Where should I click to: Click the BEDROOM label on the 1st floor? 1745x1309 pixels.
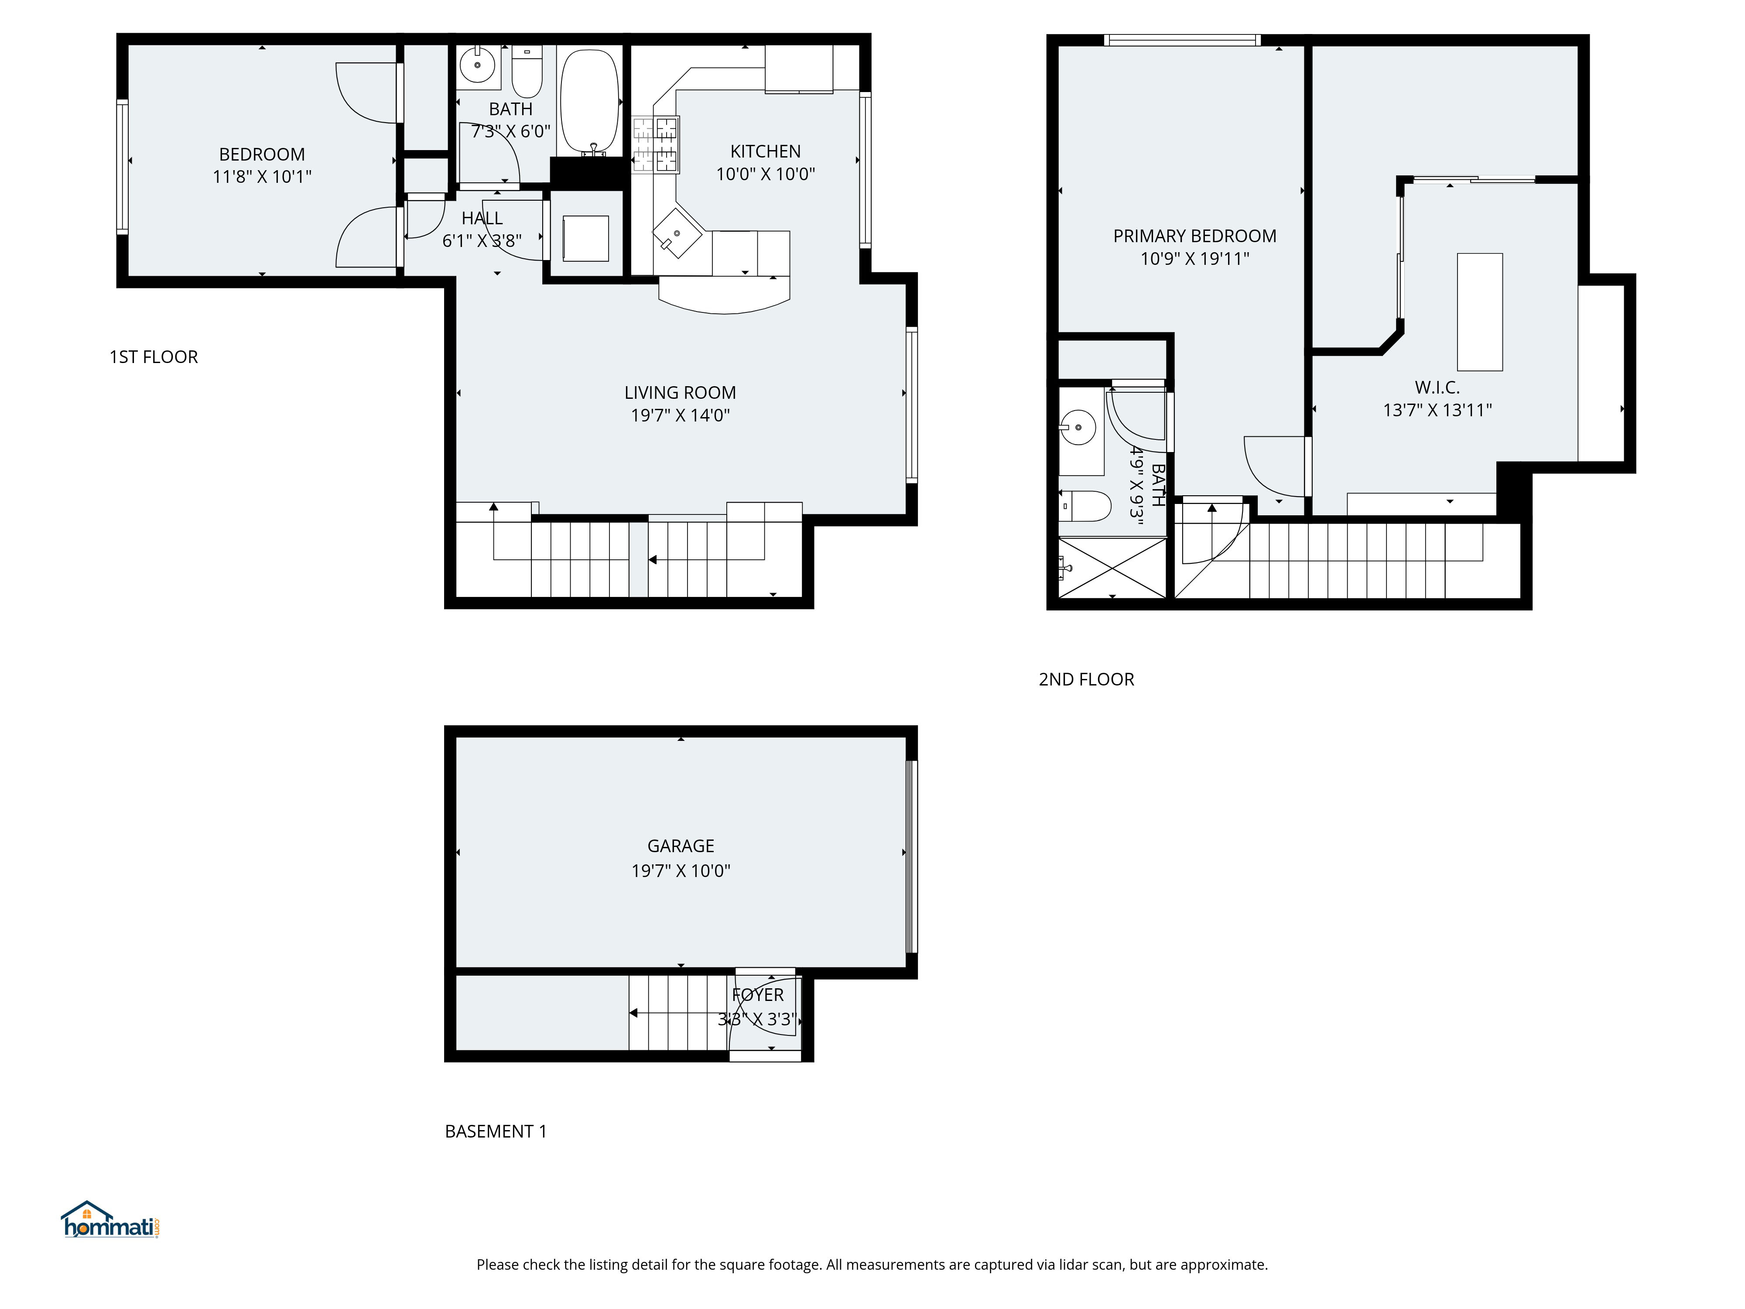tap(262, 154)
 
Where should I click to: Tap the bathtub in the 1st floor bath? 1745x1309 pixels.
tap(589, 100)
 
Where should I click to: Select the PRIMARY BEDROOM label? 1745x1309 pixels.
tap(1194, 236)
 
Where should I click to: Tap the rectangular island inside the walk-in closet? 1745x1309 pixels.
tap(1479, 312)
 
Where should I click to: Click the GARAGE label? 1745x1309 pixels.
tap(680, 846)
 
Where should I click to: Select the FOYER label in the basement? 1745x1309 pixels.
tap(757, 995)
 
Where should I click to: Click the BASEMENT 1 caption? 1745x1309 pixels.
tap(496, 1131)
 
